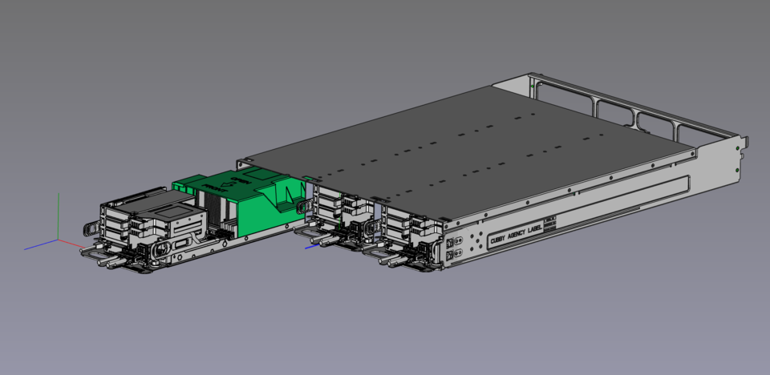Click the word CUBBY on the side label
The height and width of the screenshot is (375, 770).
click(500, 236)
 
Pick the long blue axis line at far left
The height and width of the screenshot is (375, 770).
click(40, 244)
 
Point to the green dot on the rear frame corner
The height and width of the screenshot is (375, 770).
click(533, 83)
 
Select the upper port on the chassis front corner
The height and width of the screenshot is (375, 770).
click(450, 241)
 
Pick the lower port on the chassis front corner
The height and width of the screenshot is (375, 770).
click(451, 255)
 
